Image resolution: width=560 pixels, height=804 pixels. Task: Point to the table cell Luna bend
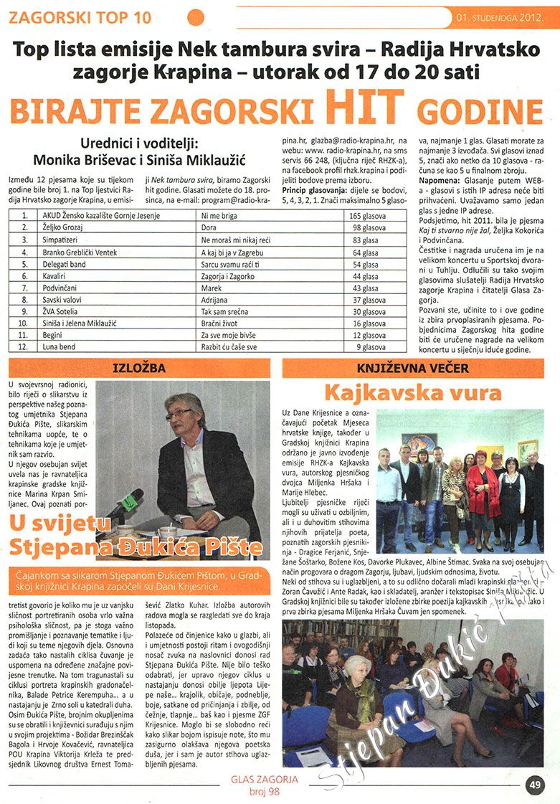point(60,347)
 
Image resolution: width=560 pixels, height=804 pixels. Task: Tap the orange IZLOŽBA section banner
point(140,369)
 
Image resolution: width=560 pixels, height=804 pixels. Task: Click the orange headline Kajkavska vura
point(412,393)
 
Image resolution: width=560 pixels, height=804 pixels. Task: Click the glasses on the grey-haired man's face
point(179,414)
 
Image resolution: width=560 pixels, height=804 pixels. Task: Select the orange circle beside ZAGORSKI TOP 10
point(195,16)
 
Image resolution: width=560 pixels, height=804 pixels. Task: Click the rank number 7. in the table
point(25,288)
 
